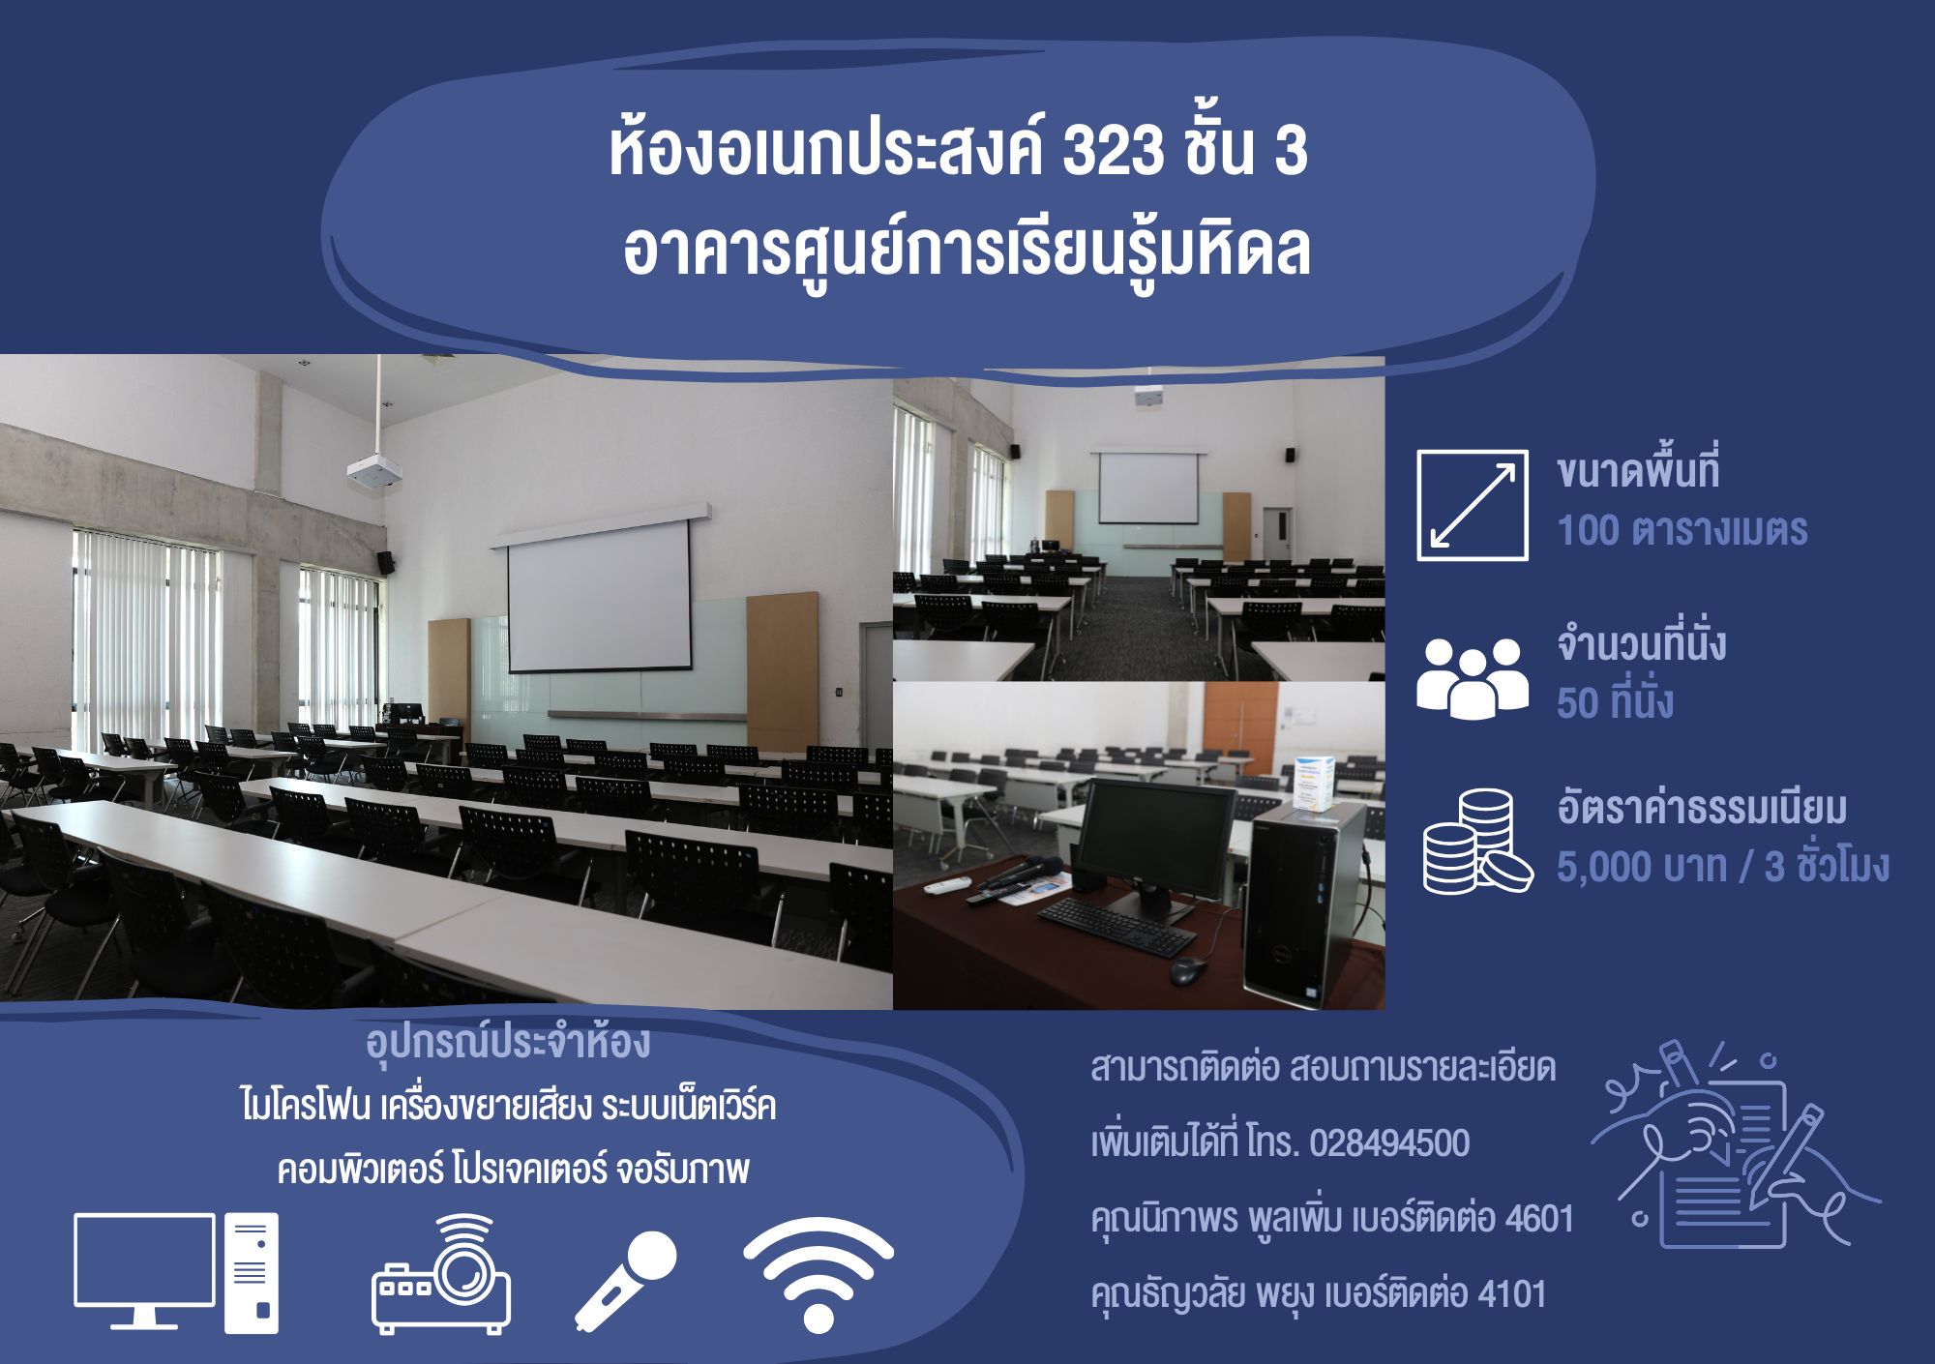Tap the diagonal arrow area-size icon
[1473, 505]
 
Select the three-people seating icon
[1473, 678]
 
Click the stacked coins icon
[1477, 841]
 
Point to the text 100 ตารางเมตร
[1682, 530]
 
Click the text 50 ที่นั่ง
[1615, 701]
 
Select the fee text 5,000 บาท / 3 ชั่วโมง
[1722, 866]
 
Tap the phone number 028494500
[1389, 1143]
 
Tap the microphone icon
[625, 1281]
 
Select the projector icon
[441, 1274]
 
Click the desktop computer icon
[176, 1273]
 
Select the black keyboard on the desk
[1116, 927]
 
